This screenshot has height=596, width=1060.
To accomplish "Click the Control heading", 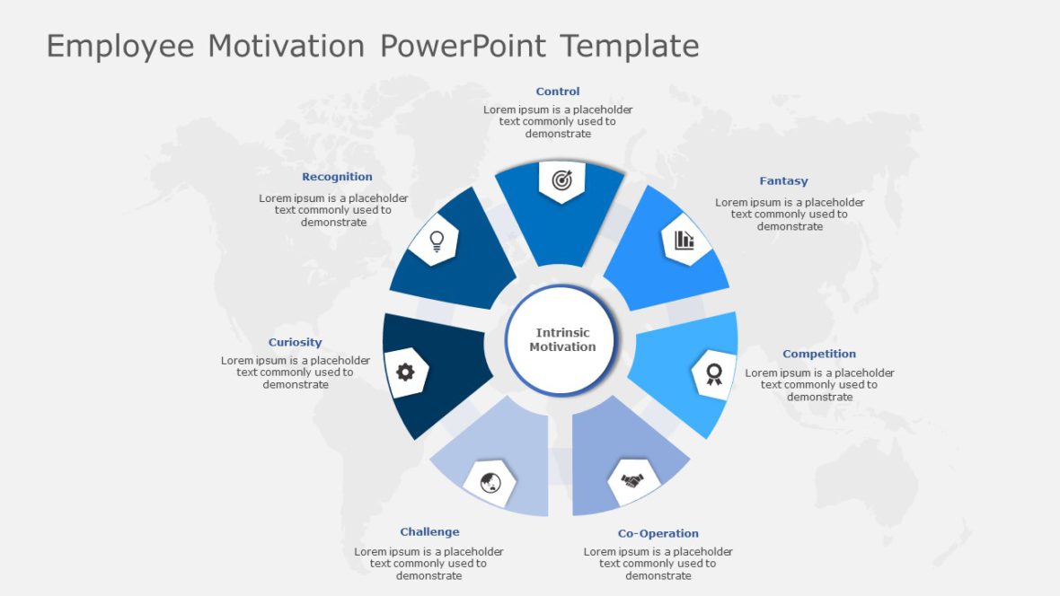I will [x=558, y=92].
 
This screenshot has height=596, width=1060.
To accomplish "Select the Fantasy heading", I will [x=783, y=181].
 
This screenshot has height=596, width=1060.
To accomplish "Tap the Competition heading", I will [x=819, y=355].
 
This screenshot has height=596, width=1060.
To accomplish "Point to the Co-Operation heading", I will [x=658, y=534].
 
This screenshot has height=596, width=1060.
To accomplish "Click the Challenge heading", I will [x=429, y=532].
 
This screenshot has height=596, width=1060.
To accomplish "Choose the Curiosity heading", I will [x=295, y=343].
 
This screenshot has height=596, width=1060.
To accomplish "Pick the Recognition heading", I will [x=337, y=178].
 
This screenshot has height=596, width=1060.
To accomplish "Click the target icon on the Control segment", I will [x=561, y=180].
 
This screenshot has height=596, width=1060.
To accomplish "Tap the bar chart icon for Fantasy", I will [x=685, y=240].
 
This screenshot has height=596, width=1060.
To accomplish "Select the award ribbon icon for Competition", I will [x=714, y=372].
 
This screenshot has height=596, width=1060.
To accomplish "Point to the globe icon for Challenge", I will [x=490, y=483].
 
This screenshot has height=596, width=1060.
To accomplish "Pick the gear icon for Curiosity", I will [x=405, y=372].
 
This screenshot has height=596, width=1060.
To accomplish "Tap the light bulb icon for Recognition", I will [x=437, y=240].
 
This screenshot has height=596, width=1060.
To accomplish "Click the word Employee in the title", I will [x=119, y=46].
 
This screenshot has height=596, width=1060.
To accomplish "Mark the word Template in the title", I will [x=630, y=46].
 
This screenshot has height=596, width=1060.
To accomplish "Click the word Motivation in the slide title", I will [x=287, y=46].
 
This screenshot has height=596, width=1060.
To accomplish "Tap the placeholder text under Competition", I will [x=819, y=385].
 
